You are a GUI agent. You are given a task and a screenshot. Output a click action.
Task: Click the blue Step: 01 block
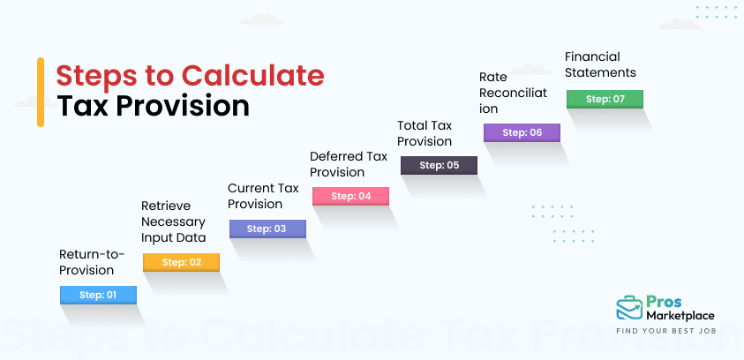98,295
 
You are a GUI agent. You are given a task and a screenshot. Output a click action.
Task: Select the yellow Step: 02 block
181,262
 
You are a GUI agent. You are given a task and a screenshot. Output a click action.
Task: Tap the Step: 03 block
267,229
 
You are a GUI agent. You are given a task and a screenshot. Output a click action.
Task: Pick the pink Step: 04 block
351,196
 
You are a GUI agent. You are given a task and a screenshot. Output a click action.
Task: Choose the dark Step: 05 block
439,165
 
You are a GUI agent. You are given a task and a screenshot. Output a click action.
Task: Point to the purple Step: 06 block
521,132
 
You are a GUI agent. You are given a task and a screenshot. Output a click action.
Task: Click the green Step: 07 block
605,99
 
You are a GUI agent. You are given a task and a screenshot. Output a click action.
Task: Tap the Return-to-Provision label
92,262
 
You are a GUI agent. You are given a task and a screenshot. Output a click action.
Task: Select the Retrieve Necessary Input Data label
173,221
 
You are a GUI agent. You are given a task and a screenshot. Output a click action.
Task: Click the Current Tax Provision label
263,196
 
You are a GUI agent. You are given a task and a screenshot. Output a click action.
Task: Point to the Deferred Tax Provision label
348,164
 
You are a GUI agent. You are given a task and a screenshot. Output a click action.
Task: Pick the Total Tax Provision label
425,133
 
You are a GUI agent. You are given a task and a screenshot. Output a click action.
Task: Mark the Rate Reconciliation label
514,93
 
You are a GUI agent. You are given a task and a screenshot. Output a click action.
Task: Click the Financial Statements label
600,64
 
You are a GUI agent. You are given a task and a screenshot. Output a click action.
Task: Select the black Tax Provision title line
154,106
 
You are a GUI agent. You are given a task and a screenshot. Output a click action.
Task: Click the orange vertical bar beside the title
41,92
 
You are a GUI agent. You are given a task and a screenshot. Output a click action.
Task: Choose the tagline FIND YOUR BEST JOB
665,332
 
